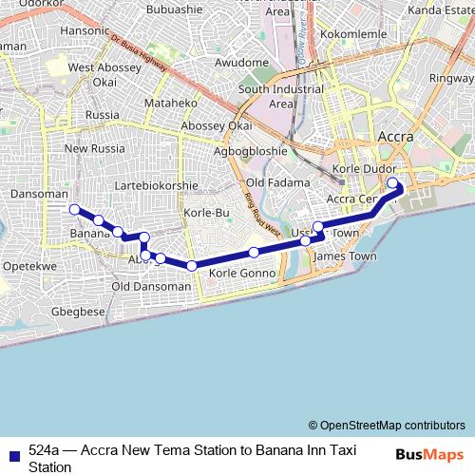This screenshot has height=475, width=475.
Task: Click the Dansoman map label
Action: pos(31,193)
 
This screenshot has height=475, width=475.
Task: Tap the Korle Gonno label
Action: pos(242,274)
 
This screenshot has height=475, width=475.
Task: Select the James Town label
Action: pos(344,256)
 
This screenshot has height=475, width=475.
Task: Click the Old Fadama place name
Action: pos(278,182)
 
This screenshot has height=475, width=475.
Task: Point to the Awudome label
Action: pos(242,63)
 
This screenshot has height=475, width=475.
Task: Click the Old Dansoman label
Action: pos(151,286)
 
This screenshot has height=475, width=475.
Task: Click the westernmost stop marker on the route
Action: pos(74,209)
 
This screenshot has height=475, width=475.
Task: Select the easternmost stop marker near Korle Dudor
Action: pos(392,183)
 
